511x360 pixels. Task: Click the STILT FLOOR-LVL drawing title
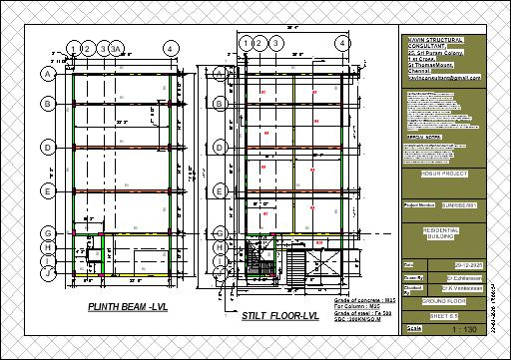pos(280,316)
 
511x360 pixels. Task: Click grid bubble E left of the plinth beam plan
pos(47,188)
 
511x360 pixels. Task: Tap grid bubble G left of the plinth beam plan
pos(47,232)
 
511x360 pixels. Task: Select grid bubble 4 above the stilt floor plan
pos(341,44)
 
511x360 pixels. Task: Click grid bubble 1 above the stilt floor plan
pos(245,44)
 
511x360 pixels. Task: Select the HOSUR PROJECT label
pos(430,182)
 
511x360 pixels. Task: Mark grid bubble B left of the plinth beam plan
pos(47,103)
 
